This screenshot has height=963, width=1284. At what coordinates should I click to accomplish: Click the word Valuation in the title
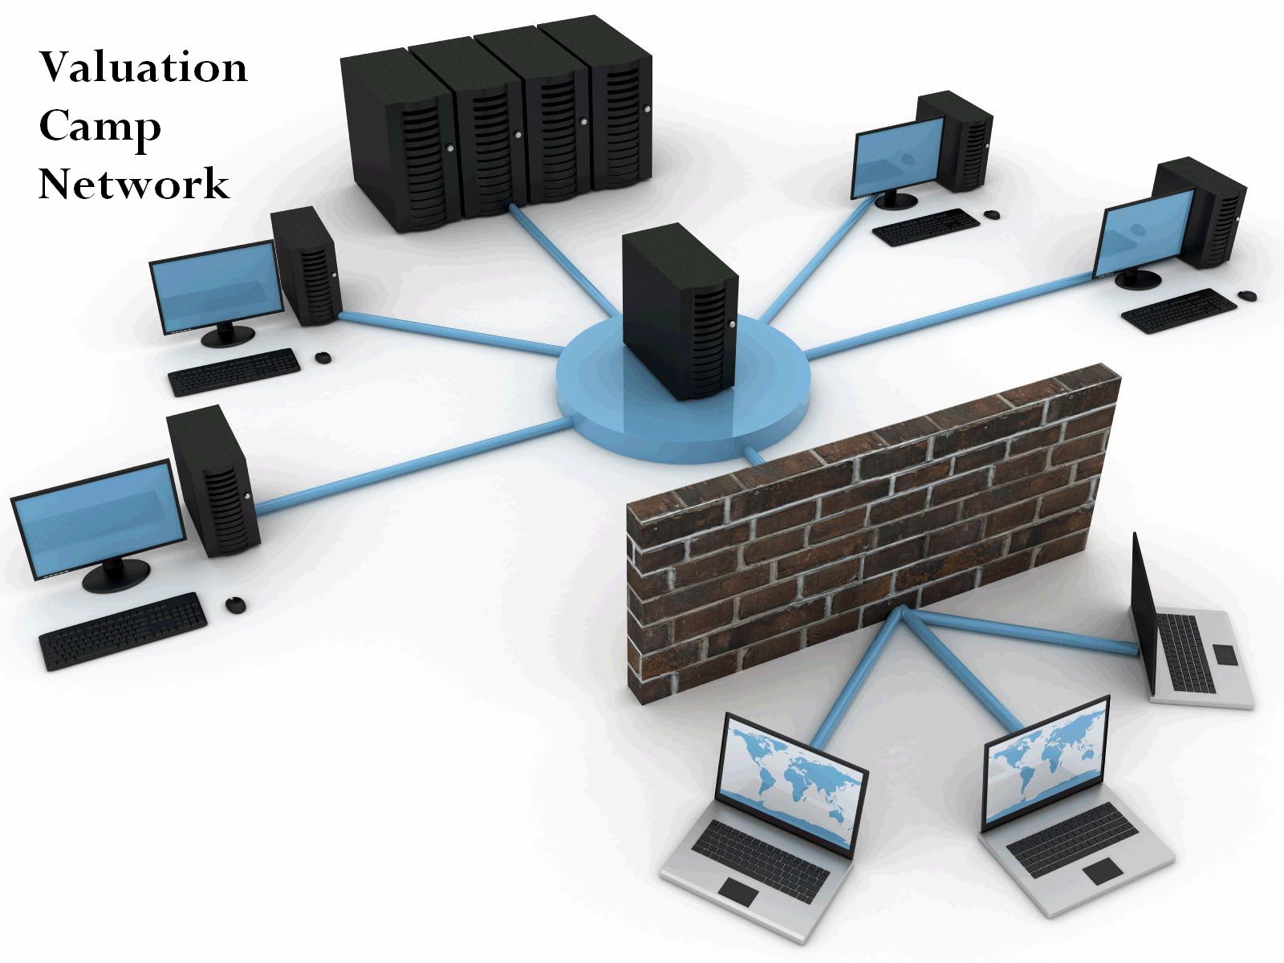144,67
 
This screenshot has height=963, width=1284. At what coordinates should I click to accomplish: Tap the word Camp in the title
100,128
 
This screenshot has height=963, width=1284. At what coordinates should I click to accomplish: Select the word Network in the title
134,185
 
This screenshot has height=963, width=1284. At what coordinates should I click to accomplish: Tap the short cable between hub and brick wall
754,454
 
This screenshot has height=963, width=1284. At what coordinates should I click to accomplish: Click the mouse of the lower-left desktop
236,604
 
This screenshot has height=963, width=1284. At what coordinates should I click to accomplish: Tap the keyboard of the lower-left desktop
123,631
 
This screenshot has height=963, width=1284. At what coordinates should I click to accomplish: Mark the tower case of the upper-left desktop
307,266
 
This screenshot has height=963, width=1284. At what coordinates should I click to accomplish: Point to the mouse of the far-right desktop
1247,296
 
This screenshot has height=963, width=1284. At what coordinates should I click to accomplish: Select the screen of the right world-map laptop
1048,762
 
